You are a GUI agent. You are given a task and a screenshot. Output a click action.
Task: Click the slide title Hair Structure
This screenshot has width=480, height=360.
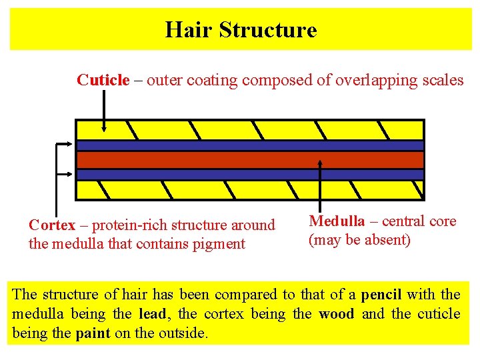(x=241, y=30)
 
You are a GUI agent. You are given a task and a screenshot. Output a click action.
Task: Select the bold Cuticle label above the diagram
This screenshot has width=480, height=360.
(x=103, y=81)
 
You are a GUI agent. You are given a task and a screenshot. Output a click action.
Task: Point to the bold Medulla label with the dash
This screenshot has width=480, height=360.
(x=337, y=221)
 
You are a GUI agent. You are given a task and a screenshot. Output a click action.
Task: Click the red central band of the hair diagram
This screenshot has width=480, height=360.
(x=250, y=160)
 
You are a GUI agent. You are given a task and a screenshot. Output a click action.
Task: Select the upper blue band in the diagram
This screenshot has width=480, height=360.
(x=250, y=145)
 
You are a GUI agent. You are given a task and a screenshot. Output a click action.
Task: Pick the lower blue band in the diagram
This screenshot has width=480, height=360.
(x=250, y=175)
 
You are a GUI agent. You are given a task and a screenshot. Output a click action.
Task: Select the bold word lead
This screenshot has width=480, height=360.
(x=153, y=313)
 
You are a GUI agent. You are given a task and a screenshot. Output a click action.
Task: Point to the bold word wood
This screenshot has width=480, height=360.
(x=337, y=313)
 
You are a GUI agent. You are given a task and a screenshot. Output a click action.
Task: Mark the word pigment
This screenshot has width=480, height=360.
(x=220, y=244)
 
